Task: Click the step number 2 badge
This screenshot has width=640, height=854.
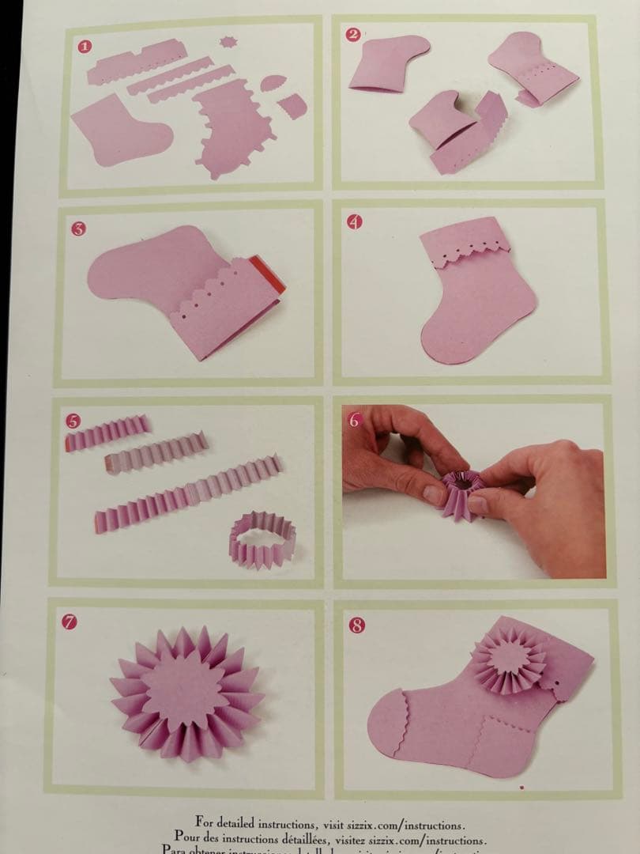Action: pos(353,34)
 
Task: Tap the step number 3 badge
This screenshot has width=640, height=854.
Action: pos(78,229)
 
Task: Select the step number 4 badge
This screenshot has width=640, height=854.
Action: pos(355,221)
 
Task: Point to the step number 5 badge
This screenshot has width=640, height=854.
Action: pos(73,421)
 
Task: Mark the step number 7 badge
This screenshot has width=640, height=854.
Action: pos(70,622)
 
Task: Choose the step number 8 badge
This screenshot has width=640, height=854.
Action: pos(357,625)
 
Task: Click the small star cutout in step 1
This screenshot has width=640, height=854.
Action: pos(228,41)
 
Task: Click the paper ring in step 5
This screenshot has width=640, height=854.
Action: pos(262,540)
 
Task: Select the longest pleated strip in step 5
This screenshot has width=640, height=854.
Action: pos(188,494)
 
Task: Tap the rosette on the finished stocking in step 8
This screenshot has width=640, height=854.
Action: pos(509,659)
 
